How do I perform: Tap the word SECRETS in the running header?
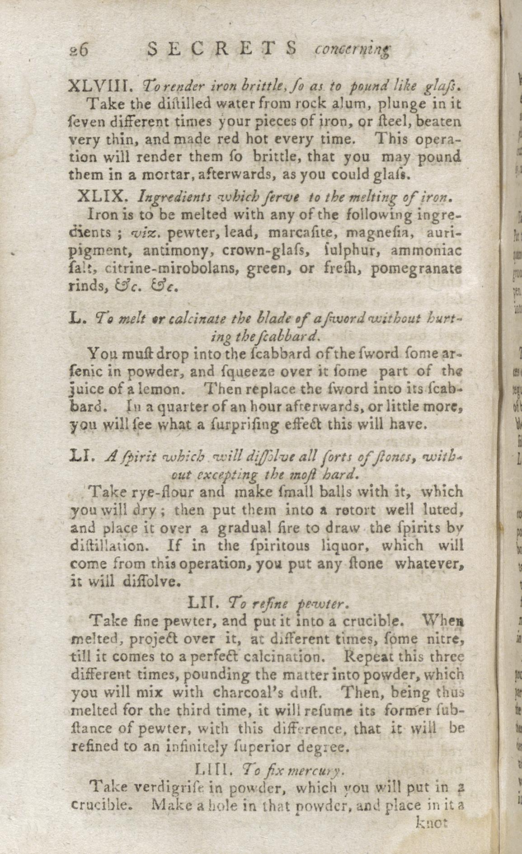tap(223, 49)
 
